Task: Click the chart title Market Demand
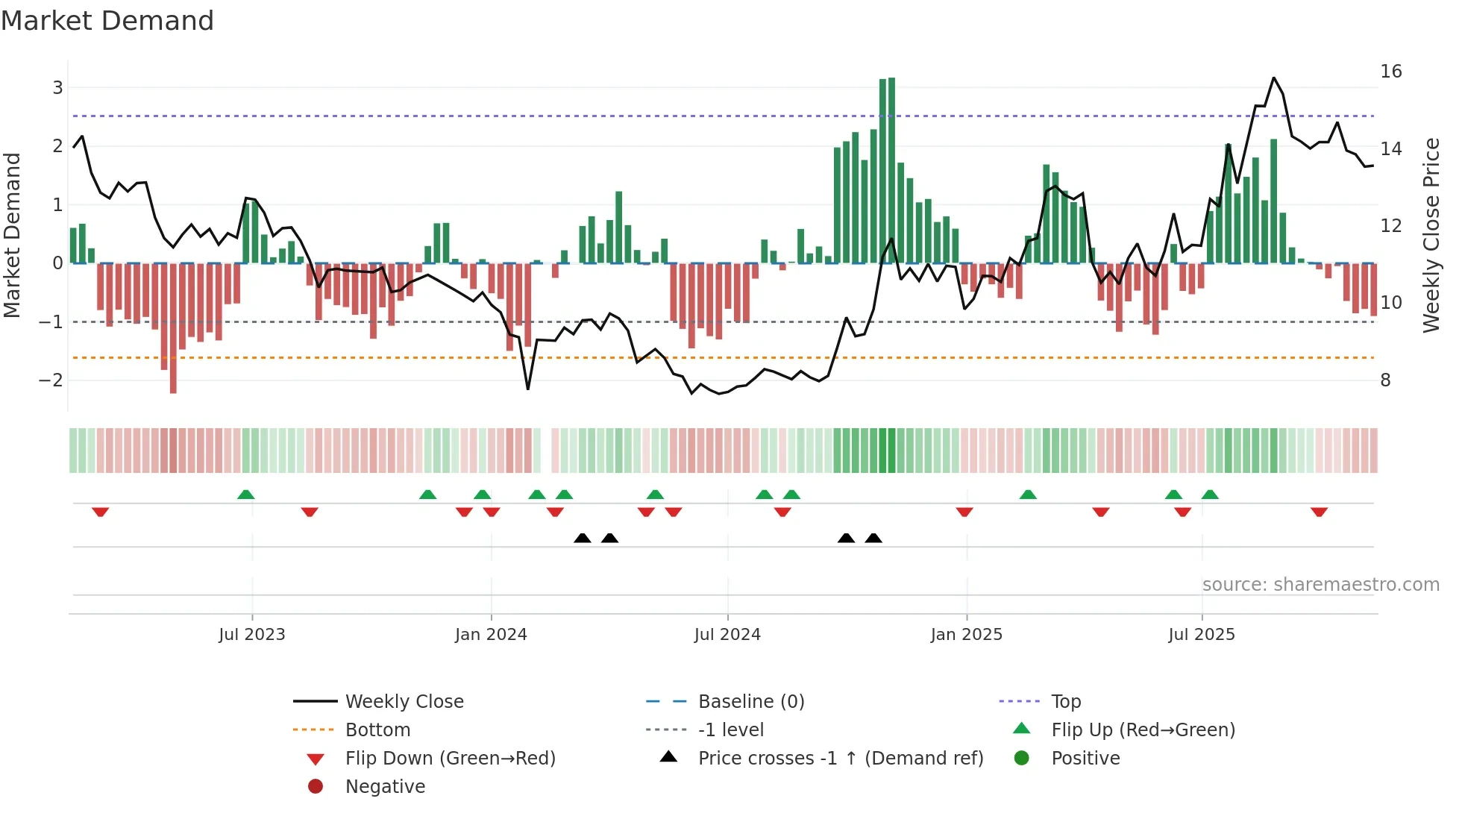pos(107,21)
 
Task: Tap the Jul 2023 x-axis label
pos(252,635)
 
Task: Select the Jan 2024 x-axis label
pos(491,635)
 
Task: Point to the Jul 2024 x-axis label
pos(727,635)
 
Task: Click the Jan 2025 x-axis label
pos(967,635)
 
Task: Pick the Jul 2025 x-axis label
pos(1202,635)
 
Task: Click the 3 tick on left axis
pos(57,88)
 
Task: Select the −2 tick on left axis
pos(51,380)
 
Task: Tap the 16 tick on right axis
pos(1391,72)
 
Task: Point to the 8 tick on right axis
pos(1385,380)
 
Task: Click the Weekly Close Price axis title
pos(1431,235)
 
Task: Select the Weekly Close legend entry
pos(404,702)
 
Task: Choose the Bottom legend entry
pos(377,730)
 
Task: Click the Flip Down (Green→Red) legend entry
pos(450,759)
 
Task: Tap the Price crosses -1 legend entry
pos(841,759)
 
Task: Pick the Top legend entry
pos(1066,702)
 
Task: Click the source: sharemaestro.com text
pos(1320,585)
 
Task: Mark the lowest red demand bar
pos(173,328)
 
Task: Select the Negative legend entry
pos(385,787)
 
